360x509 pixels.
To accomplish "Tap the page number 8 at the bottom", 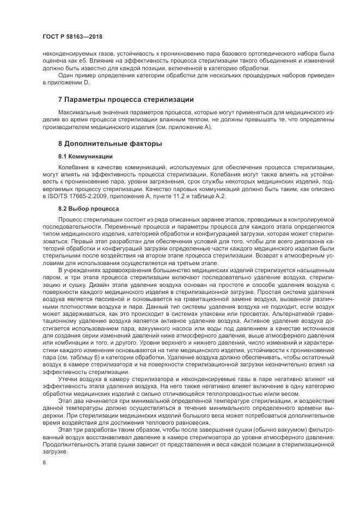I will [x=44, y=462].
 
